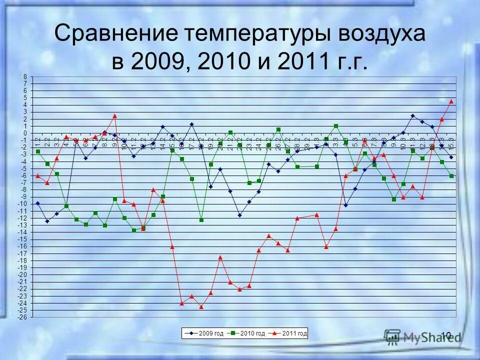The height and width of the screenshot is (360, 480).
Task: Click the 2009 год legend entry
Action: (x=208, y=332)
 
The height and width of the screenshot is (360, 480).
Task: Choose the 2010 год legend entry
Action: (x=250, y=332)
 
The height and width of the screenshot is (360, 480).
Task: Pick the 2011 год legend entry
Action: (x=291, y=332)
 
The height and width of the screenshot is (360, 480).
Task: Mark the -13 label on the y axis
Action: (x=23, y=225)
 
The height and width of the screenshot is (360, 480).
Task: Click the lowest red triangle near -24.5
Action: (x=201, y=306)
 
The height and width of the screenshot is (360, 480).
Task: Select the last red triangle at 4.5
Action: (x=451, y=101)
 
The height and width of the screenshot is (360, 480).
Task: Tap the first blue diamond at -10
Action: (x=37, y=203)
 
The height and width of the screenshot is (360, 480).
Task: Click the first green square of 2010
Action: (x=37, y=151)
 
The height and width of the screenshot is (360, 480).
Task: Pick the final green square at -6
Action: (x=451, y=176)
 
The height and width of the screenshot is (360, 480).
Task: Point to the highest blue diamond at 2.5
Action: (x=412, y=115)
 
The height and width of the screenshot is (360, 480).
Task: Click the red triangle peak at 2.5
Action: (x=114, y=115)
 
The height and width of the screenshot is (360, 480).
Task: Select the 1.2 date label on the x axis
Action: (x=37, y=141)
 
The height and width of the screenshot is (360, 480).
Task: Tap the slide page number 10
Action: (x=446, y=334)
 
